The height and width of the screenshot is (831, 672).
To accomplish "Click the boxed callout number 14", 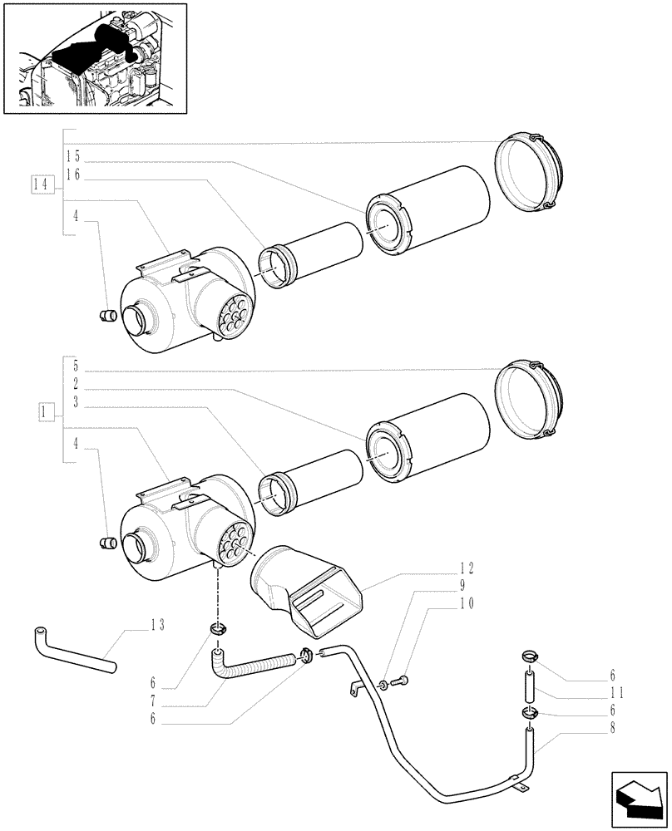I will point(39,184).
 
